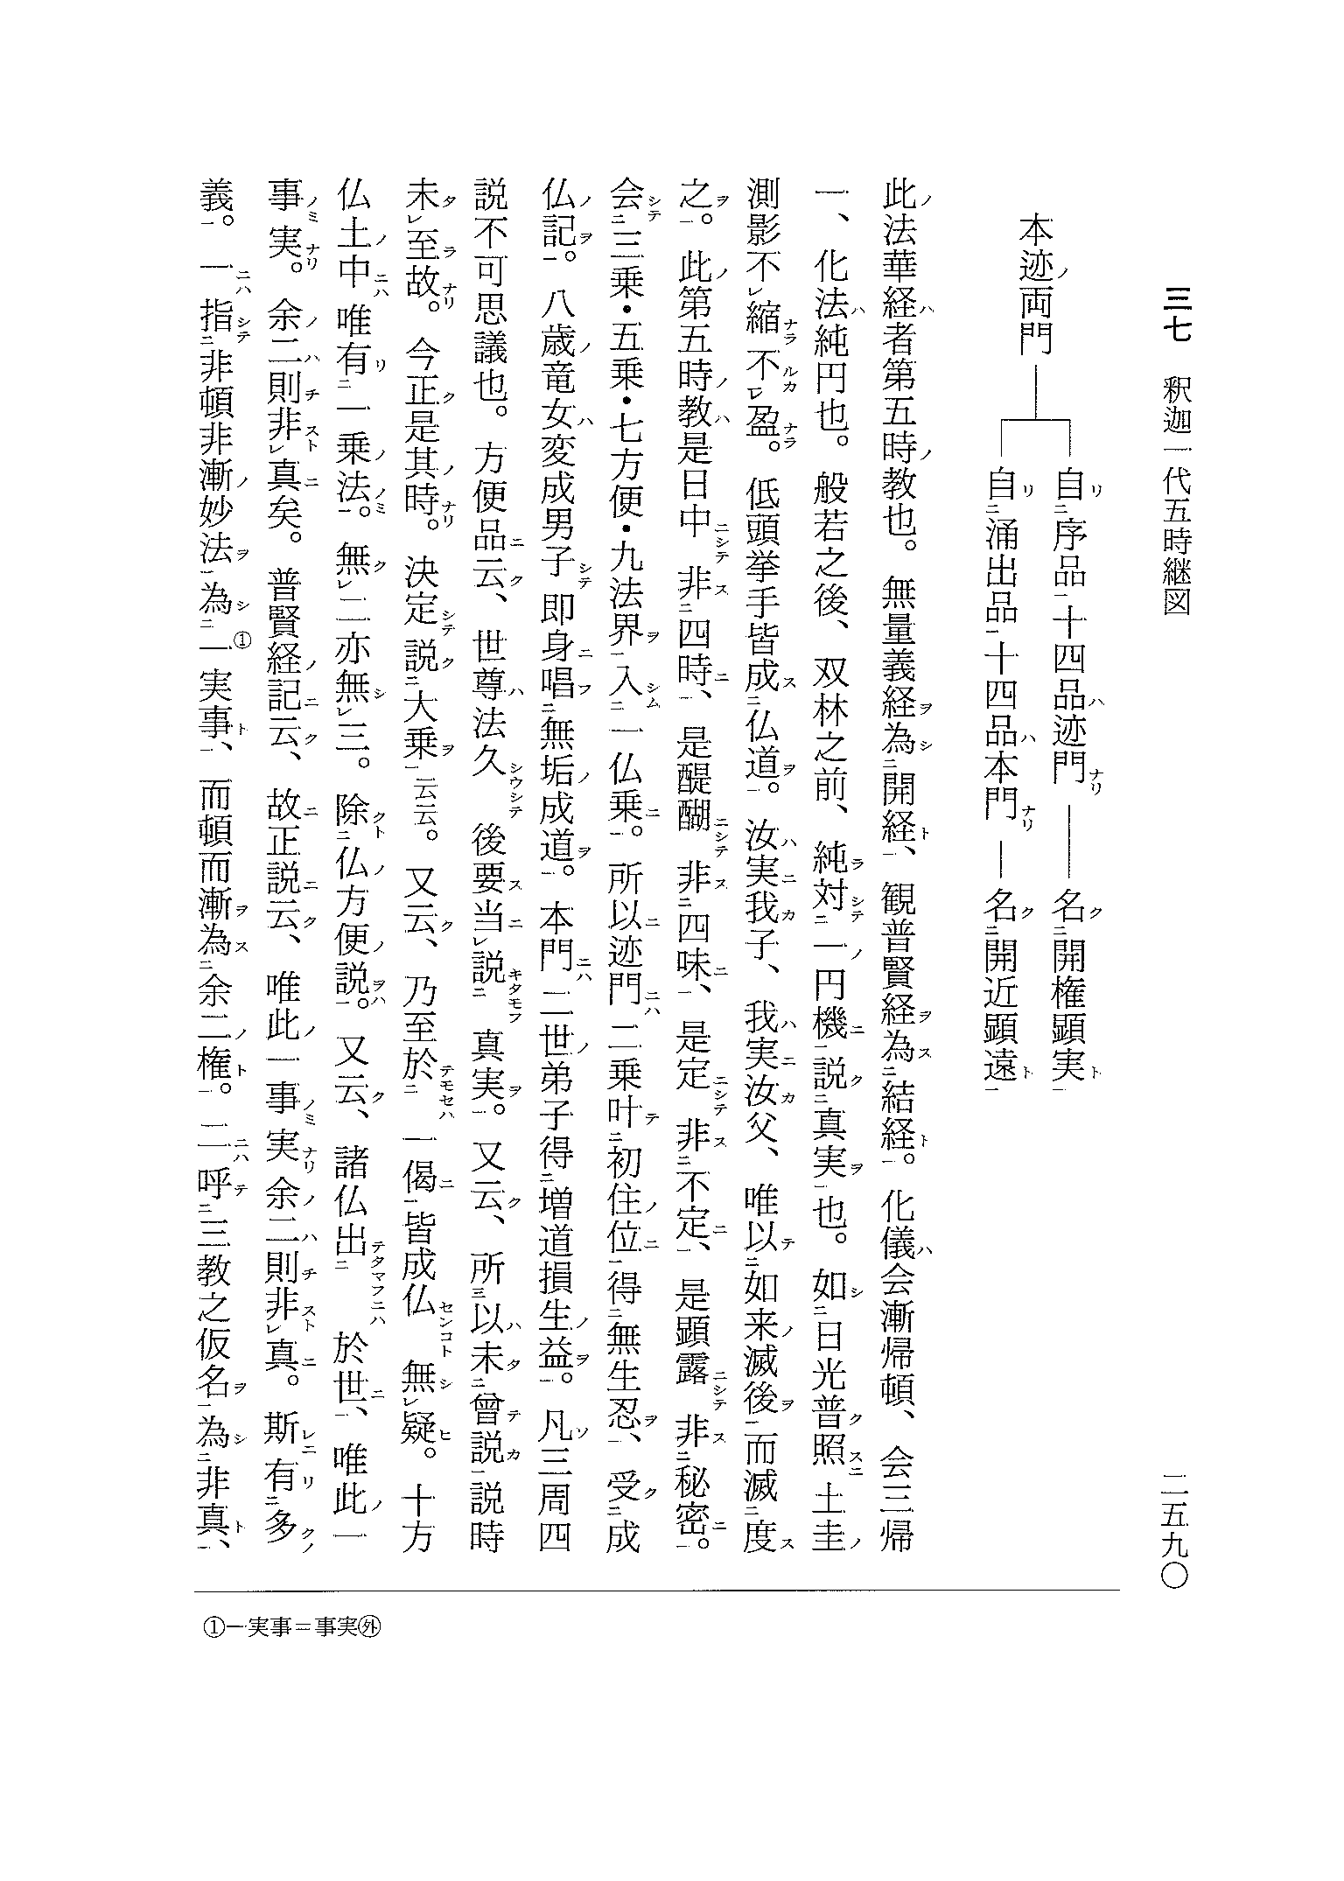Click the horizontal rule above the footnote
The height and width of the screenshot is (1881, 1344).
click(x=656, y=1590)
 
